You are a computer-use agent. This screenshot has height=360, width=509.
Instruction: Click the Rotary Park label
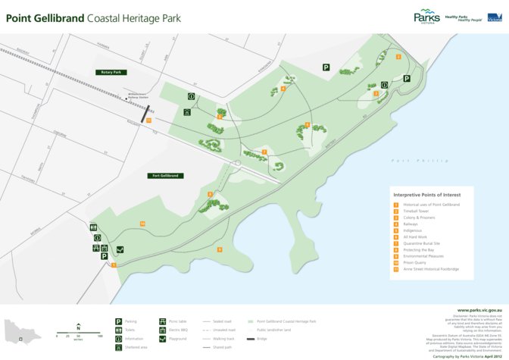111,72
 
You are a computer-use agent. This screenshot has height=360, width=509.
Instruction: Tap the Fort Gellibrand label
165,175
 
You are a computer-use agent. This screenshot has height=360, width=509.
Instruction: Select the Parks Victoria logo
426,17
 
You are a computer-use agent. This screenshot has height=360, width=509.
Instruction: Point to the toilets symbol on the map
93,227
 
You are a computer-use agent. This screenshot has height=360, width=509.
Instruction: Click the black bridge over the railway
145,112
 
